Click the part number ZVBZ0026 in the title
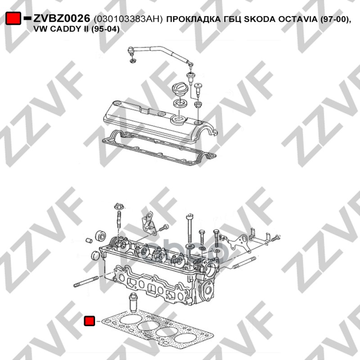(62, 18)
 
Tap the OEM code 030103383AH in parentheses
(128, 19)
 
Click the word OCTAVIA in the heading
(297, 19)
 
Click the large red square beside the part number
(13, 18)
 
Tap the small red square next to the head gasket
(89, 321)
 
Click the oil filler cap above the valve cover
(179, 90)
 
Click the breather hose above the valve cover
(161, 53)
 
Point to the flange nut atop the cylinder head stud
(119, 206)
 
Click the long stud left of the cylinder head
(86, 282)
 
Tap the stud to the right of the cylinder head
(244, 263)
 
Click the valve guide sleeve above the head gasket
(134, 302)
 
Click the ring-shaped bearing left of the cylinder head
(100, 235)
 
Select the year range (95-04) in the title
(105, 29)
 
